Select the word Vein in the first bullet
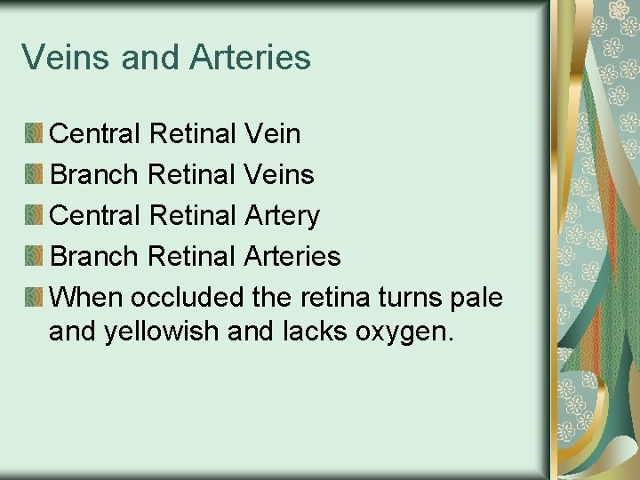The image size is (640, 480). click(x=270, y=134)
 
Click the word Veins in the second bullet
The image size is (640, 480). click(x=277, y=175)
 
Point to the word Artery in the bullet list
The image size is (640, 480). click(x=280, y=216)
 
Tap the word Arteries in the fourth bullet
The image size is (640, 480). click(x=291, y=257)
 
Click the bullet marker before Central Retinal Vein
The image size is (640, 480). click(x=33, y=134)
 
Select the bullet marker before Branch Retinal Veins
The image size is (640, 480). click(x=33, y=175)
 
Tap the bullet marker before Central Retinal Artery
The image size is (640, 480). click(x=33, y=216)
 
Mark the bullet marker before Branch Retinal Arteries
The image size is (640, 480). click(x=33, y=257)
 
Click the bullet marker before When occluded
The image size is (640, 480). click(x=33, y=298)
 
